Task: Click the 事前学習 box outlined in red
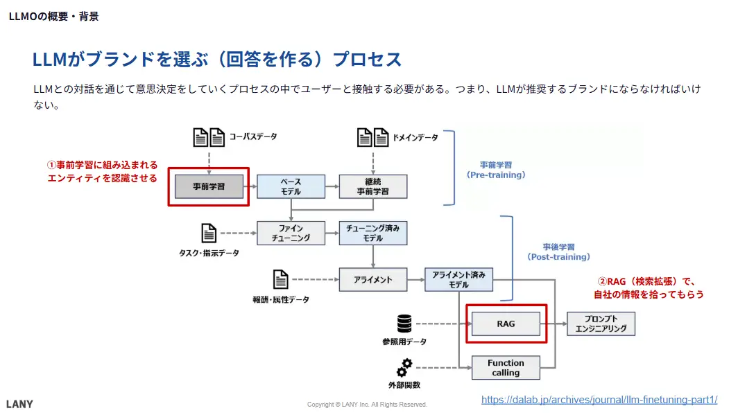coord(209,186)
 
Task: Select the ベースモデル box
coord(291,186)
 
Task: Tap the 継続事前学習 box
coord(373,186)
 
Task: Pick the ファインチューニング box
coord(291,233)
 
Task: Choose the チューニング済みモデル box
coord(373,233)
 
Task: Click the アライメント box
coord(373,279)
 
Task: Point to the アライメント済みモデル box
coord(458,279)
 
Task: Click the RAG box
coord(506,324)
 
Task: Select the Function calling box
coord(506,368)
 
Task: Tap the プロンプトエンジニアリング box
coord(601,324)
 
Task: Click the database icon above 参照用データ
coord(404,324)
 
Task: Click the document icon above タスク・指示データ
coord(208,233)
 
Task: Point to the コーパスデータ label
coord(253,137)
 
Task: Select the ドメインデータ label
coord(415,137)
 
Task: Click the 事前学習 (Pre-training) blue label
coord(496,170)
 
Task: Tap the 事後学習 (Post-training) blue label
coord(559,251)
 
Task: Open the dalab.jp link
coord(599,400)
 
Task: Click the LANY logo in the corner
coord(19,404)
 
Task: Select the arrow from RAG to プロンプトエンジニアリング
coord(553,324)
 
